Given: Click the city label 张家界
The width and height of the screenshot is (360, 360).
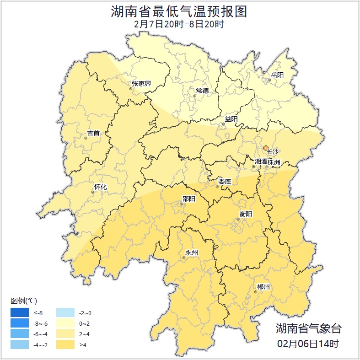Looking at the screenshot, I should [141, 84].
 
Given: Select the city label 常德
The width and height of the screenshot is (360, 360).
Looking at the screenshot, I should [202, 91].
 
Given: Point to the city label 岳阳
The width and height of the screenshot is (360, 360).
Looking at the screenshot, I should [277, 75].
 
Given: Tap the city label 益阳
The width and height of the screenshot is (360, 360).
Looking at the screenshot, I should [231, 119].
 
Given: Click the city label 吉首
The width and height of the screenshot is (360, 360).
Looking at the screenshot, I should [93, 134].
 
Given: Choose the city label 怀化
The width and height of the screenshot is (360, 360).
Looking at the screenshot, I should [100, 187].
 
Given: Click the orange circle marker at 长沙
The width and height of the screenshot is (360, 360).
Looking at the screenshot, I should [266, 148].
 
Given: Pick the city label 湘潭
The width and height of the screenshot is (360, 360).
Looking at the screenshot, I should [260, 161].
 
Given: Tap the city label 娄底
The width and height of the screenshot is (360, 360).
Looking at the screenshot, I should [225, 182].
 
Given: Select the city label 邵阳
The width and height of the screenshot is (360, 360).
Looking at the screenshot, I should [188, 199].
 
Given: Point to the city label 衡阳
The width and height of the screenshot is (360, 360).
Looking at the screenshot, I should [246, 214].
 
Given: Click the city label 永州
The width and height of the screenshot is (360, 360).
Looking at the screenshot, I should [191, 253].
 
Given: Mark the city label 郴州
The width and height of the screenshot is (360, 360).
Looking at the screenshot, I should [263, 287].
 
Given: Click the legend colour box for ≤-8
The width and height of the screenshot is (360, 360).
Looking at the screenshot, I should [20, 313].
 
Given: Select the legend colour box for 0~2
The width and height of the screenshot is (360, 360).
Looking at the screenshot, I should [65, 324].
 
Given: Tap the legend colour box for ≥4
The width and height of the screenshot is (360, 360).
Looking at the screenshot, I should [65, 344].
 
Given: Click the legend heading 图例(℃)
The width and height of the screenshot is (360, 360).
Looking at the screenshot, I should [24, 301].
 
